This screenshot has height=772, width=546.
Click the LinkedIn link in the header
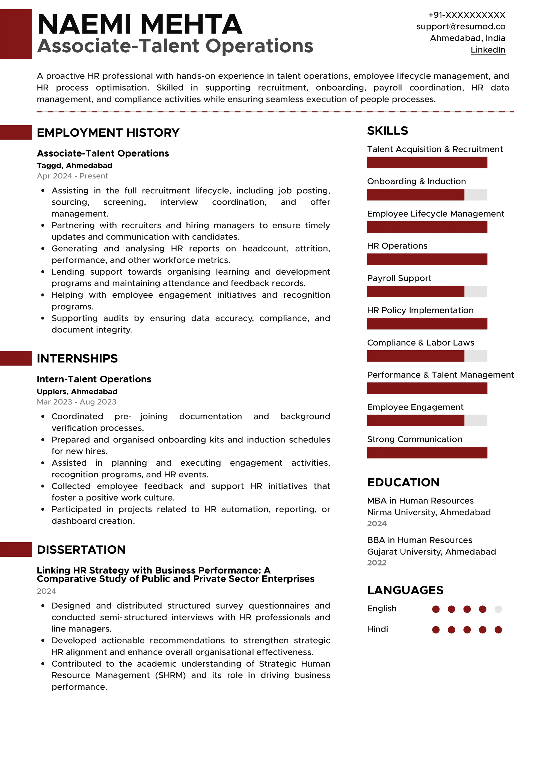[x=488, y=50]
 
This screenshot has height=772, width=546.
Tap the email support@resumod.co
[x=461, y=26]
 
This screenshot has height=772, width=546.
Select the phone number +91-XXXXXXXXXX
[x=466, y=15]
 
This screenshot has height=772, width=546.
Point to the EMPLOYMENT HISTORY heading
[x=108, y=133]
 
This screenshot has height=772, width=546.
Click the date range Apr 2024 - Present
[x=72, y=176]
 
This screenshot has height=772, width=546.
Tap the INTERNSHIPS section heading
[x=77, y=358]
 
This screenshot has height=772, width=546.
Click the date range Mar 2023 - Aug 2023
[x=76, y=402]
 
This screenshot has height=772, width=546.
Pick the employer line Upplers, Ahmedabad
[x=77, y=391]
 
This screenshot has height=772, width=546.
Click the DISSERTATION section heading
[x=81, y=549]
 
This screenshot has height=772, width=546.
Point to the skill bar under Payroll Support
[x=427, y=292]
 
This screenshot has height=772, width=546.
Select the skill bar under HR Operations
[x=427, y=259]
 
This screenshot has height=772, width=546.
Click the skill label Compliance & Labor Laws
[x=420, y=343]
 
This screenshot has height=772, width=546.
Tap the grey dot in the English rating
[x=498, y=609]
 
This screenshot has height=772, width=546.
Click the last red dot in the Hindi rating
[x=498, y=630]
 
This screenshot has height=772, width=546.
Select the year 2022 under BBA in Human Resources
[x=376, y=563]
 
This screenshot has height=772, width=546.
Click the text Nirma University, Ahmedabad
[x=429, y=512]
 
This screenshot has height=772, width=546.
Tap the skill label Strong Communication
[x=414, y=439]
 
